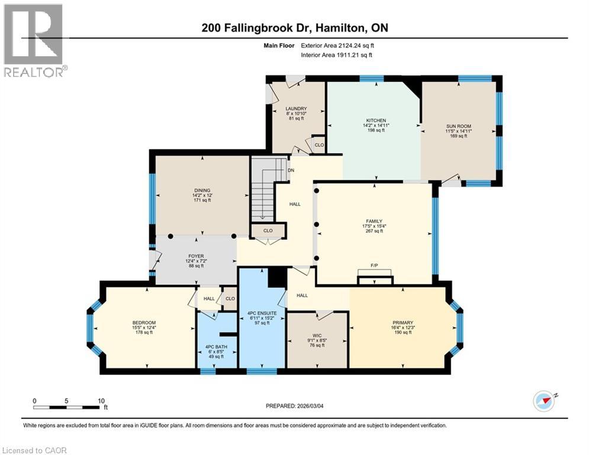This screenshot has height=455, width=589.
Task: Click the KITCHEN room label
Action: point(376,120)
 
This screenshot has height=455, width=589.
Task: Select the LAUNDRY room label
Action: point(295,108)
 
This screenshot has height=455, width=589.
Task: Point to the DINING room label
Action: point(202,190)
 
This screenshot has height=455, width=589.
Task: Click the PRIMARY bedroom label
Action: point(402,323)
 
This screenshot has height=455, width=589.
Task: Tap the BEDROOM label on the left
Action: point(144,323)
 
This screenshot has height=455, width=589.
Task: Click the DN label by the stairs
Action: point(291,170)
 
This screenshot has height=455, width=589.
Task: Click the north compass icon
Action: point(544,401)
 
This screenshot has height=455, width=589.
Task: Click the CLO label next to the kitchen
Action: point(318,145)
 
